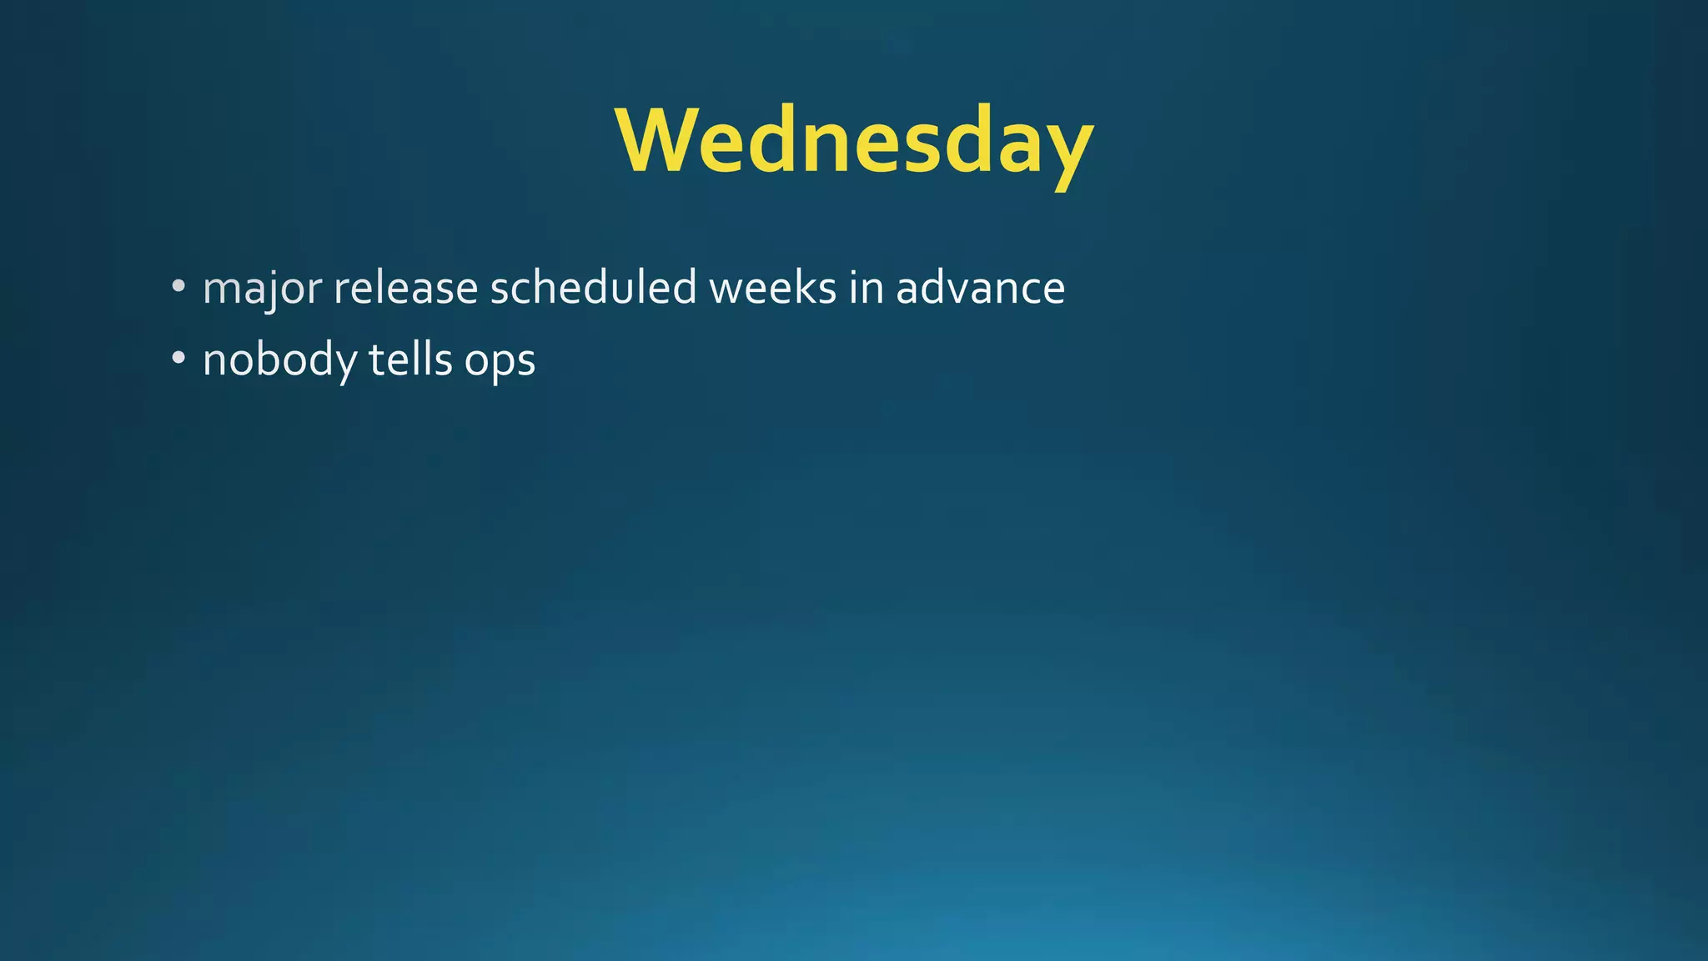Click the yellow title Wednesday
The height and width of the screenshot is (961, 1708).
pos(854,142)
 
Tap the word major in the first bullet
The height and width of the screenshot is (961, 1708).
pos(262,289)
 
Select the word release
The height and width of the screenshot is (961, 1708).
pos(405,289)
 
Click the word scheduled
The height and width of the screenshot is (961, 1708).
pos(593,289)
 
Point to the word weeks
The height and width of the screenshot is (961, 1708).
pos(772,289)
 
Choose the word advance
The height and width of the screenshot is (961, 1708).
pos(981,289)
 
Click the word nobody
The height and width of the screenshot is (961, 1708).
pos(279,360)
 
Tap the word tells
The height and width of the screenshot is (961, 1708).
pos(410,360)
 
